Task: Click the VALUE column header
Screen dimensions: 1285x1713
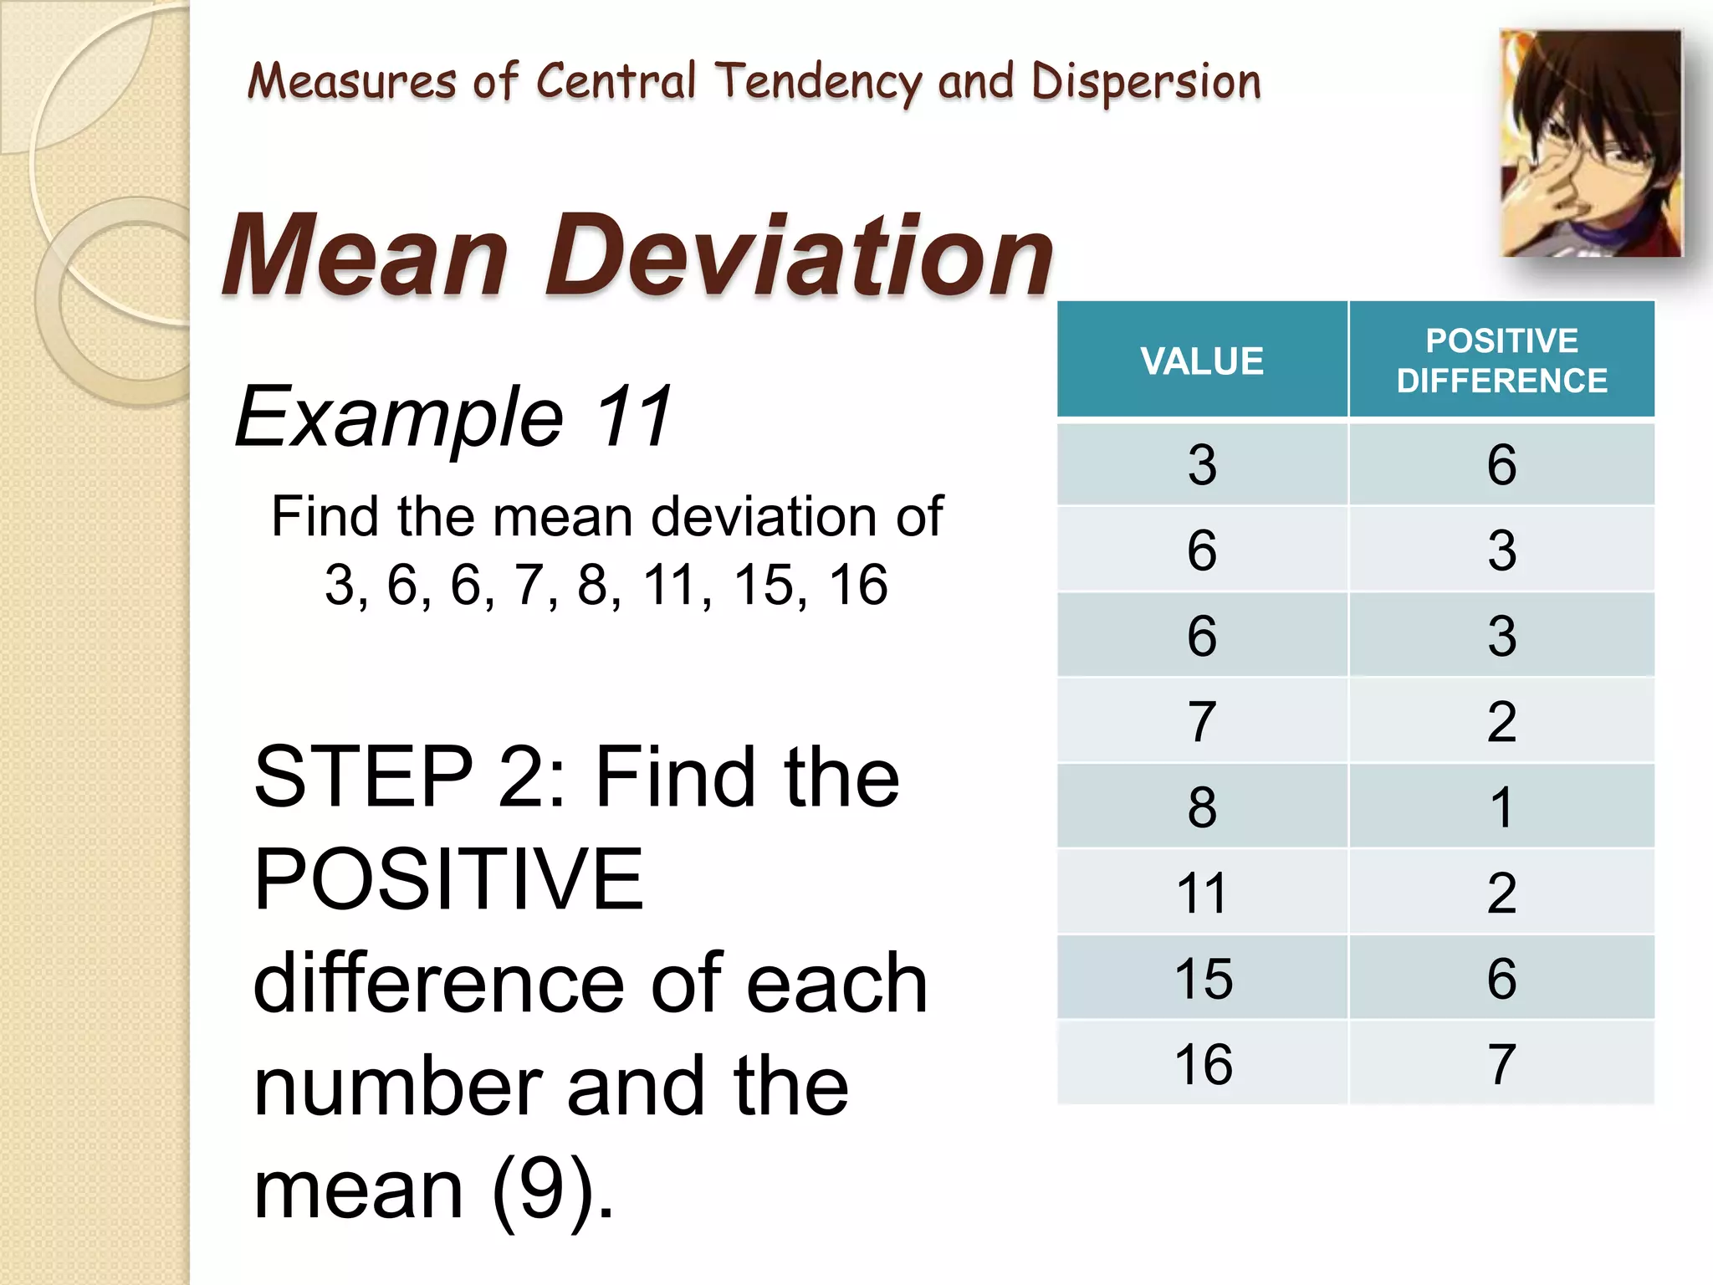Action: click(1202, 361)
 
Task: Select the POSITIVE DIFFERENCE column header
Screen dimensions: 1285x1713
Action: click(1501, 361)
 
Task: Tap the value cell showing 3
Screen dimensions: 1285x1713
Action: click(1202, 465)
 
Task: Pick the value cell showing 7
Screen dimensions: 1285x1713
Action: click(1202, 722)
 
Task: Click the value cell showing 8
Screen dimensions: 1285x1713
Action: click(1202, 807)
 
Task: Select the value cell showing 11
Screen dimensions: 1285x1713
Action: click(1202, 893)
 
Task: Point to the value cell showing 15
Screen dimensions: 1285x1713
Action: click(1203, 978)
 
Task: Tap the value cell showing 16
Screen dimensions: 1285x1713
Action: click(1203, 1064)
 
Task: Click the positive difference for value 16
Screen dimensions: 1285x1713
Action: click(1501, 1064)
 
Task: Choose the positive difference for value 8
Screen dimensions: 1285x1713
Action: click(1501, 807)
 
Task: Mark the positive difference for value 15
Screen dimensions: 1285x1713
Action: click(1501, 978)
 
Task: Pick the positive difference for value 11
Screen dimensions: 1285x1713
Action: click(1501, 893)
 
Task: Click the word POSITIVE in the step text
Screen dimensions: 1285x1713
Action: click(449, 879)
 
